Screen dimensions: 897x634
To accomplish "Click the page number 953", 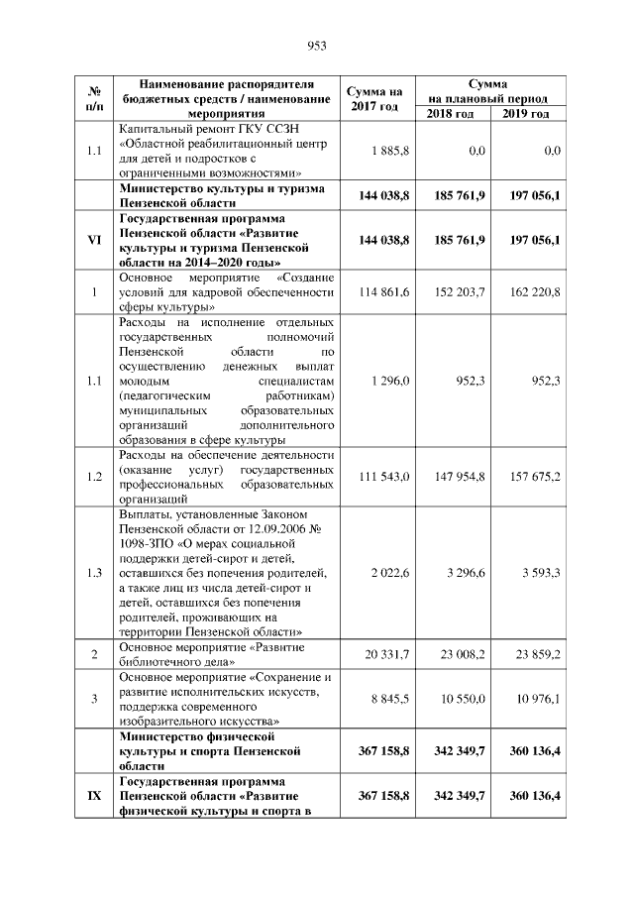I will click(x=317, y=45).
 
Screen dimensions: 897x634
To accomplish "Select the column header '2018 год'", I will click(x=451, y=114).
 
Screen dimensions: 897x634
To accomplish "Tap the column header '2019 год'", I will click(x=526, y=114).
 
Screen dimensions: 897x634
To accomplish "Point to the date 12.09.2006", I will click(x=280, y=528).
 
